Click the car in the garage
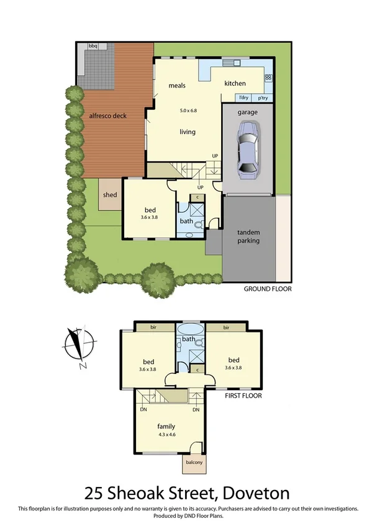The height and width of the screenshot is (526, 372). (x=248, y=147)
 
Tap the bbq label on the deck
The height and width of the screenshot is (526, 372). (x=93, y=47)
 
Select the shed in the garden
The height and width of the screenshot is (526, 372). (x=110, y=195)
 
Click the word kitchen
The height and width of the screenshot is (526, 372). (x=235, y=84)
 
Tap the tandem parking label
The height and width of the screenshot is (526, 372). (x=248, y=236)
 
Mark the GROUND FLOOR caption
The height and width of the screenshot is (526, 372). (x=267, y=289)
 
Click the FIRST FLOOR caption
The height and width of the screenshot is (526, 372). (x=243, y=395)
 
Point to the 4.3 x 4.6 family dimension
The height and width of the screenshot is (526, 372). (x=166, y=435)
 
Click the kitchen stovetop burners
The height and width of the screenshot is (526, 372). (x=268, y=78)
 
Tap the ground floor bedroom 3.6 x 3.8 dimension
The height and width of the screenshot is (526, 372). (x=150, y=218)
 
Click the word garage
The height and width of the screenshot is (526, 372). (x=248, y=113)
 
